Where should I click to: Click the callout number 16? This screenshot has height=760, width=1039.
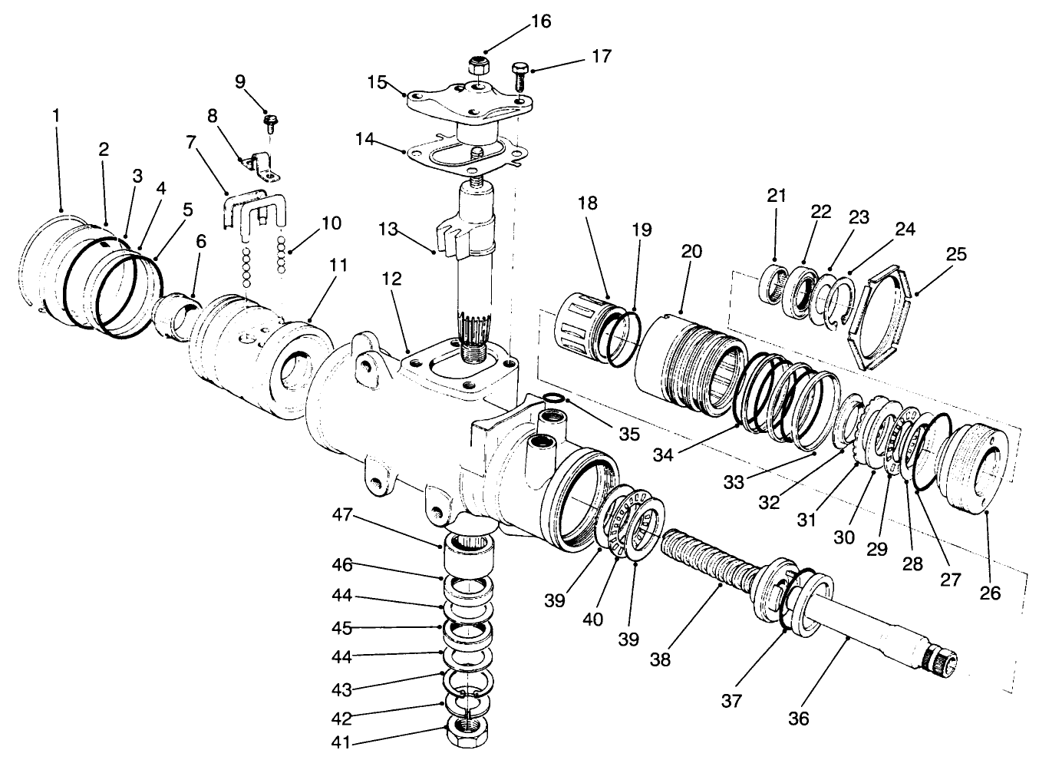coord(540,21)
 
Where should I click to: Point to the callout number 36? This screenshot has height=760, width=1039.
coord(798,719)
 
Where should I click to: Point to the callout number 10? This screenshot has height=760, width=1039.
coord(331,223)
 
